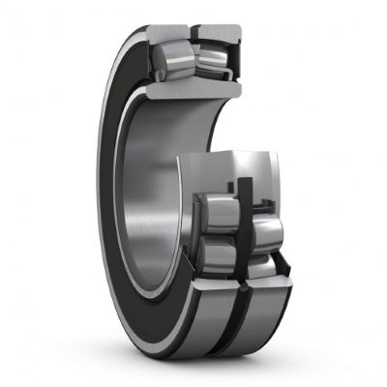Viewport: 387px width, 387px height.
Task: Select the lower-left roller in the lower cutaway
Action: point(220,253)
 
